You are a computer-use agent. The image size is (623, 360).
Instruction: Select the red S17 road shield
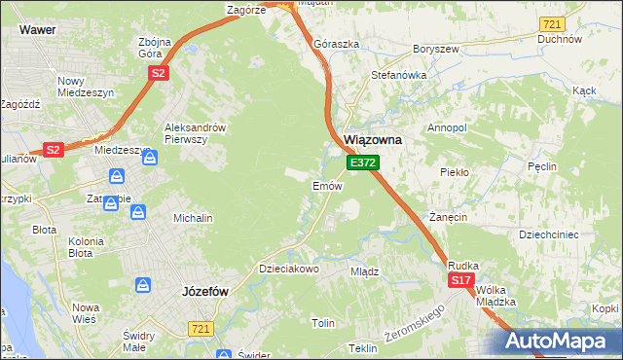(x=461, y=280)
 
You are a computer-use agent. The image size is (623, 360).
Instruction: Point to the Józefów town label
(x=204, y=290)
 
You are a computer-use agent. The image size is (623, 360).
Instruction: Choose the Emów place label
(x=325, y=185)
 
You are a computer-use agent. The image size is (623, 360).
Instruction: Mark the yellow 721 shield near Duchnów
(x=552, y=23)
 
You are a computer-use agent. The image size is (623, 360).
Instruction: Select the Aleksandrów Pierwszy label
(x=196, y=133)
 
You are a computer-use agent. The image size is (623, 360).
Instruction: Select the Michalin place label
(x=193, y=219)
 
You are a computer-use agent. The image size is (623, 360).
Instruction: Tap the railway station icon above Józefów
(x=143, y=285)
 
